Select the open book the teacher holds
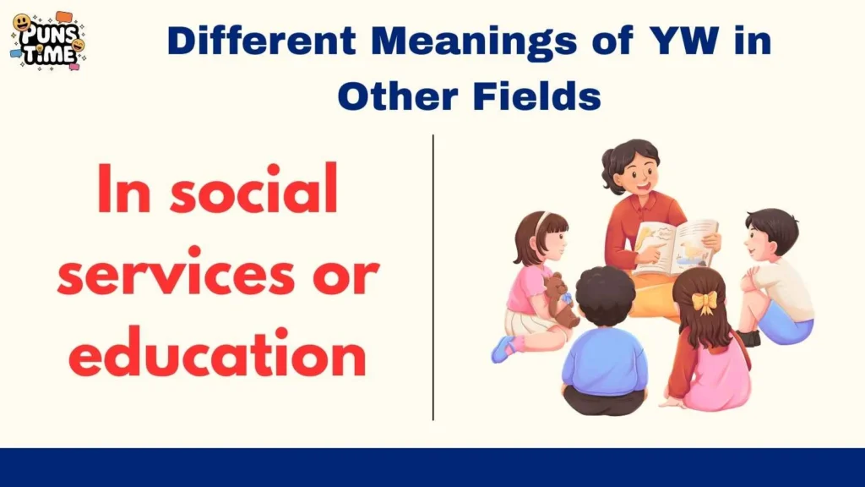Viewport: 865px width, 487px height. [x=675, y=246]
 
